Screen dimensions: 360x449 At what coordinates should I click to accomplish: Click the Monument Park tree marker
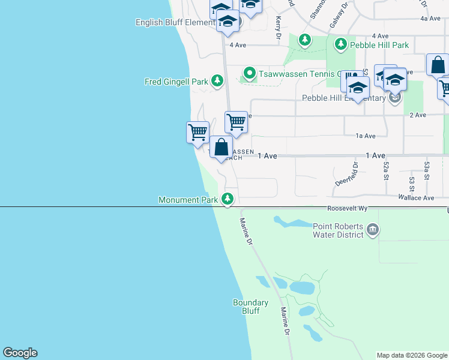click(x=227, y=199)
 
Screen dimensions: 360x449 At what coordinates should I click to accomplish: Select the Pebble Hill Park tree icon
click(x=341, y=44)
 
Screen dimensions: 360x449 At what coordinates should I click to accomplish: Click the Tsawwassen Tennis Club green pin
click(x=250, y=74)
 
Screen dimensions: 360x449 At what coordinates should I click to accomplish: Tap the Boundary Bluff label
click(x=246, y=307)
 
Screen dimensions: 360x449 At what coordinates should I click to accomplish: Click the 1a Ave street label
click(x=366, y=136)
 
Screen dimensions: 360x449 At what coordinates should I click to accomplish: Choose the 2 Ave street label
click(x=417, y=115)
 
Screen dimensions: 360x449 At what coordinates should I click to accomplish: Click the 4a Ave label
click(x=430, y=19)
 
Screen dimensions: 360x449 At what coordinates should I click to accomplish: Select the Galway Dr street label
click(x=339, y=16)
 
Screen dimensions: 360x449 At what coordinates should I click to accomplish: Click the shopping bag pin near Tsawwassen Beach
click(x=221, y=148)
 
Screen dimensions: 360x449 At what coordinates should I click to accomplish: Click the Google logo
click(x=20, y=353)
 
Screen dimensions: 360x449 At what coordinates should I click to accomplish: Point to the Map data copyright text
click(x=412, y=355)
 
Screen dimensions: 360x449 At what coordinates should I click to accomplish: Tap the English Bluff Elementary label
click(x=175, y=23)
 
